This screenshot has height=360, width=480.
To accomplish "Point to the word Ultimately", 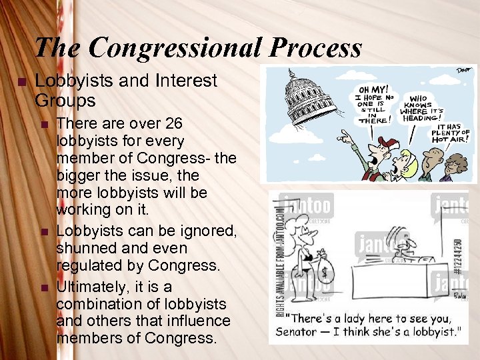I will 95,287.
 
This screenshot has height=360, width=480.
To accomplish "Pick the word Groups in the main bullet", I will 65,101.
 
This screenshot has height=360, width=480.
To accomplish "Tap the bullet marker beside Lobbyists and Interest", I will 21,81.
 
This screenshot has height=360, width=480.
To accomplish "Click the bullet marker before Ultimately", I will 45,287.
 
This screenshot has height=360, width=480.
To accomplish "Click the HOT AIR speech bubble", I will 449,133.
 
